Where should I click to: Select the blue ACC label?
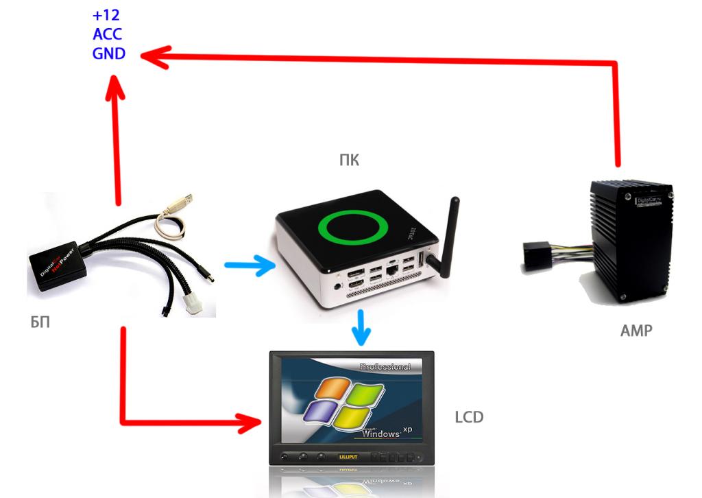click(108, 34)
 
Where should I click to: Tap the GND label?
click(108, 53)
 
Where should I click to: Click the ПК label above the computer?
click(349, 161)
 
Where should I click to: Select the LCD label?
click(469, 416)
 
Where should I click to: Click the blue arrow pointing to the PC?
click(249, 265)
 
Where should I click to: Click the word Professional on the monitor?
click(385, 366)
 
